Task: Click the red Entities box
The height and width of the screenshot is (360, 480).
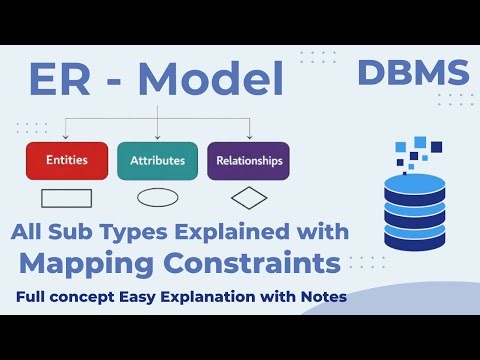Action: coord(66,160)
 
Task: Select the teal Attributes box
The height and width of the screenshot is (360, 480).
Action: coord(157,160)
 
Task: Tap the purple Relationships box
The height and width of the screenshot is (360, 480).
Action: coord(248,160)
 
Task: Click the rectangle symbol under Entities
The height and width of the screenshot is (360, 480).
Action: coord(66,197)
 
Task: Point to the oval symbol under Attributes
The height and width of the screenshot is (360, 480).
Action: coord(157,197)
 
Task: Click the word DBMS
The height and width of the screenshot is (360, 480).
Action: coord(412,73)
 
